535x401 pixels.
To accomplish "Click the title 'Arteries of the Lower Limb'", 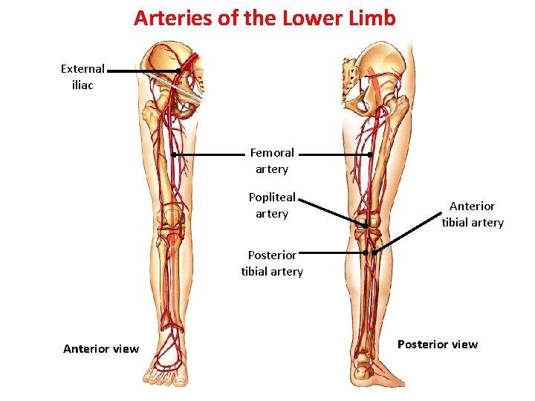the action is [265, 18].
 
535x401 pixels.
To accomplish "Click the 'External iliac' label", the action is [82, 76].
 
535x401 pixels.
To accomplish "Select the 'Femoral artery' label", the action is [272, 161].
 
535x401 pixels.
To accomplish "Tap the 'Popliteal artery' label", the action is [272, 206].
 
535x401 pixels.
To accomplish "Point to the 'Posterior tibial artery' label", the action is [272, 263].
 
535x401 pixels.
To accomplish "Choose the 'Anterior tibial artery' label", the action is [473, 215].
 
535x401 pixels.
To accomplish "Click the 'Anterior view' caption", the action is [101, 349].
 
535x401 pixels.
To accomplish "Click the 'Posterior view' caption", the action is [438, 345].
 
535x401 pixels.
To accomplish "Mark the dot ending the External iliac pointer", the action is [179, 71].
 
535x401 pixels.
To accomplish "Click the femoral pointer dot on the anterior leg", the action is [173, 154].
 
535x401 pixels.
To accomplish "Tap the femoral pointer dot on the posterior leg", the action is [370, 154].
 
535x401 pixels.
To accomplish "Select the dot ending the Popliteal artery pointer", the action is [366, 225].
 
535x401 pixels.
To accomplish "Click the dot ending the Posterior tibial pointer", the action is [366, 253].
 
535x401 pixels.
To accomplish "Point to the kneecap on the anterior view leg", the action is [173, 218].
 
